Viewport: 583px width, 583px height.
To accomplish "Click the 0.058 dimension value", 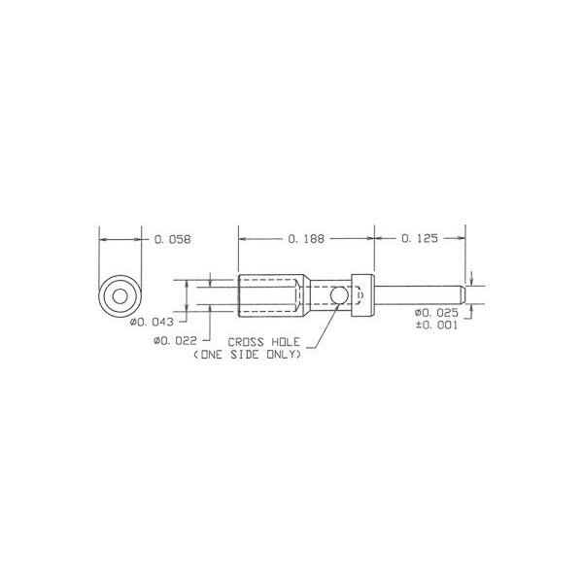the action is click(x=173, y=239).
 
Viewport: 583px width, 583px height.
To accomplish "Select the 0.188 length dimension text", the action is click(x=306, y=239).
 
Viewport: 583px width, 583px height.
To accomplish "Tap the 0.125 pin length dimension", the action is click(x=420, y=238).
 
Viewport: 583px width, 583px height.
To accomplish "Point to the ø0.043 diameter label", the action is click(x=152, y=322).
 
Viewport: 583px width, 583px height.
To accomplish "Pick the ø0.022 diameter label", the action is click(x=175, y=340).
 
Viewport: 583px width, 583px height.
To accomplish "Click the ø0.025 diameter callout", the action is click(x=437, y=312).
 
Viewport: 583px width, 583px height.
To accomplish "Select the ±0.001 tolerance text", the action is click(x=437, y=325).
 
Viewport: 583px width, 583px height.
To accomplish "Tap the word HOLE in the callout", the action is click(x=285, y=342).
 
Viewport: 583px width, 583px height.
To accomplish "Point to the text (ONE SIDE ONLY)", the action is click(x=247, y=355).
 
